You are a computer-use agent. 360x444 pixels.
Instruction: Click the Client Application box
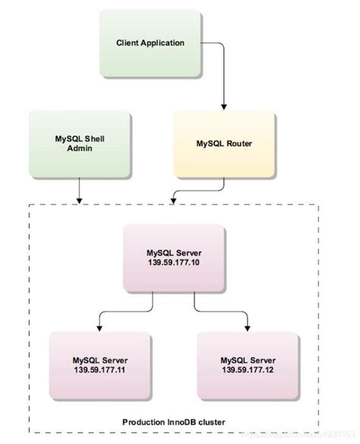tap(150, 43)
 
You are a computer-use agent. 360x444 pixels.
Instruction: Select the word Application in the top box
tap(162, 43)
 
